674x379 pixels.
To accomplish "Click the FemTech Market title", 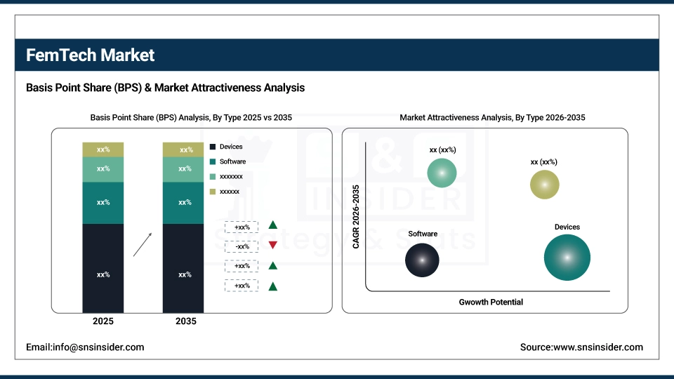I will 91,55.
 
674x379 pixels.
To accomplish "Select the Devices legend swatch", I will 213,147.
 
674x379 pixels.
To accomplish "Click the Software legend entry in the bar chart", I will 232,161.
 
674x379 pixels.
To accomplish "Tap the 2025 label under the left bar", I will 103,321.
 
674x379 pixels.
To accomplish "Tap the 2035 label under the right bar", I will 185,321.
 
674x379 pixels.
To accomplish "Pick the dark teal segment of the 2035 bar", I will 183,203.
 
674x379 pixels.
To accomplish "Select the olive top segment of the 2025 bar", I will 103,149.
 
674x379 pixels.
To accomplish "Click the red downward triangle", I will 272,246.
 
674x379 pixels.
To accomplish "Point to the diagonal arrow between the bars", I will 143,244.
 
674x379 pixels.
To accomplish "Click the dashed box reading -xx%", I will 242,246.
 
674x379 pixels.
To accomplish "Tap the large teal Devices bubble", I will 567,258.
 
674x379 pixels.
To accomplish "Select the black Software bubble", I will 422,260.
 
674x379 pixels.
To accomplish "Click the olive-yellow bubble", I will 544,184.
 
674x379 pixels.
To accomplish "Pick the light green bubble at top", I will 442,173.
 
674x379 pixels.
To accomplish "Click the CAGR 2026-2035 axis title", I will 356,217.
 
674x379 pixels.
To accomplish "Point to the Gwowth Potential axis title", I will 491,302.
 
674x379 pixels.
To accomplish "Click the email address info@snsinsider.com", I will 85,347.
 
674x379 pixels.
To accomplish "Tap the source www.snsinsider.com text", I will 581,347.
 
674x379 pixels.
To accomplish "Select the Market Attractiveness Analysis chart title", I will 492,118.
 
